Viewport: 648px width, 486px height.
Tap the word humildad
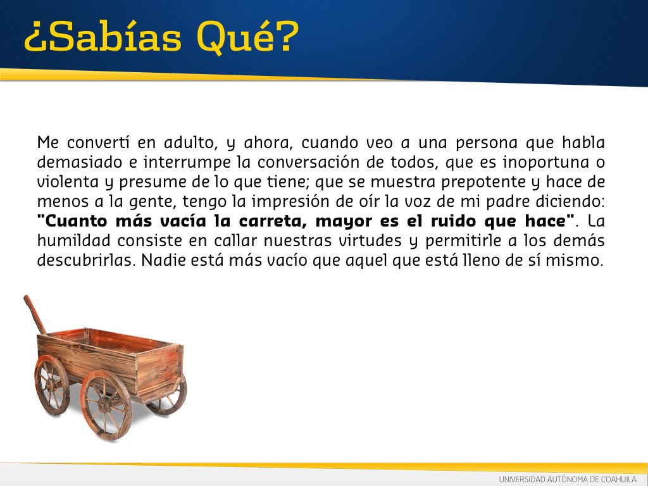tap(73, 241)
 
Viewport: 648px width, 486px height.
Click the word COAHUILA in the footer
tap(619, 480)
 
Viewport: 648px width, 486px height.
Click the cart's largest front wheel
tap(106, 405)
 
